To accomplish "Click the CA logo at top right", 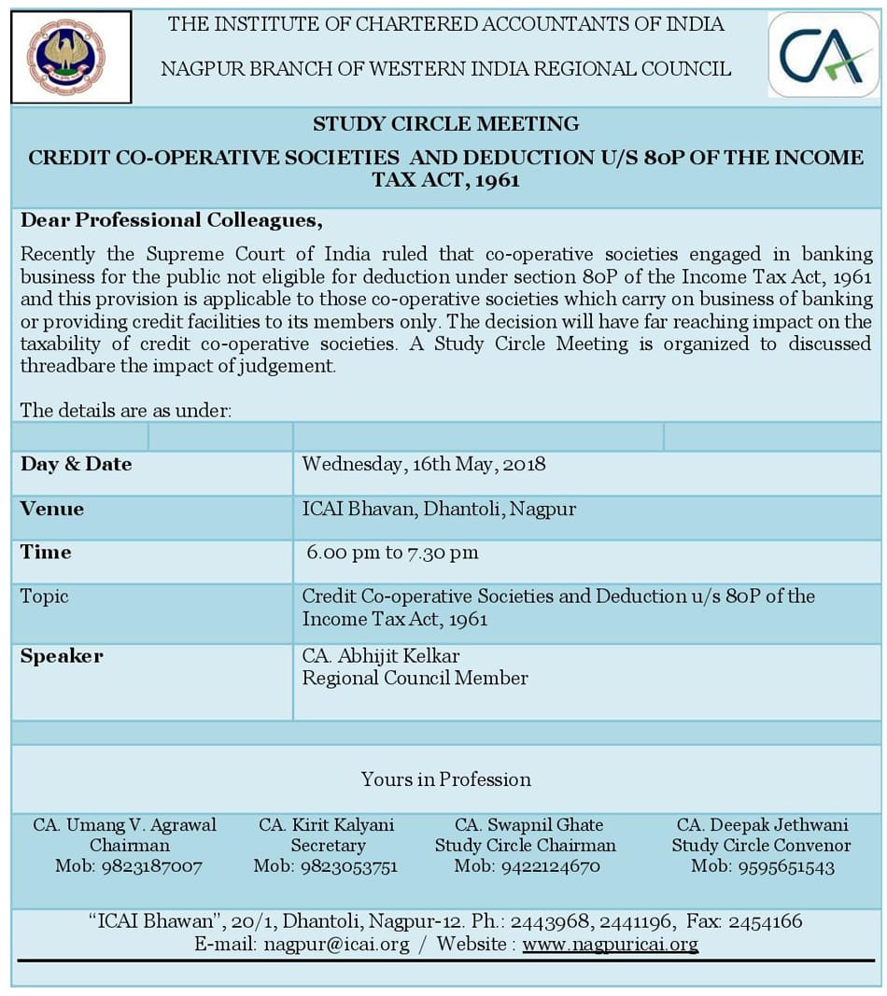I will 823,55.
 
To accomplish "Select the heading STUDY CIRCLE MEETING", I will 445,123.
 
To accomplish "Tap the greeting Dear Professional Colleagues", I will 171,220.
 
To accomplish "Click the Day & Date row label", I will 76,464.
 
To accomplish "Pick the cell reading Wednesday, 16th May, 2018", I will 424,464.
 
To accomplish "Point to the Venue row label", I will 52,509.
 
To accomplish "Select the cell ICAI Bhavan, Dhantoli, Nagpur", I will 439,509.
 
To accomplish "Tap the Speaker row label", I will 62,656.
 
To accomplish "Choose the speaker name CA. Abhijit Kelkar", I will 381,656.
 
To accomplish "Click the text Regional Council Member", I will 415,679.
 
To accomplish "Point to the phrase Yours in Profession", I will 446,779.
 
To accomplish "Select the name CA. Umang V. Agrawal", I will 125,825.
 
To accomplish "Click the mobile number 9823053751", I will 348,866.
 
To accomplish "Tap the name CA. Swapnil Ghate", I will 528,825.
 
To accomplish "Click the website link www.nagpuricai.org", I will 610,945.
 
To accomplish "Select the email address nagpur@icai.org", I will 336,945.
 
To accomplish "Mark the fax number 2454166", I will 765,922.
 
